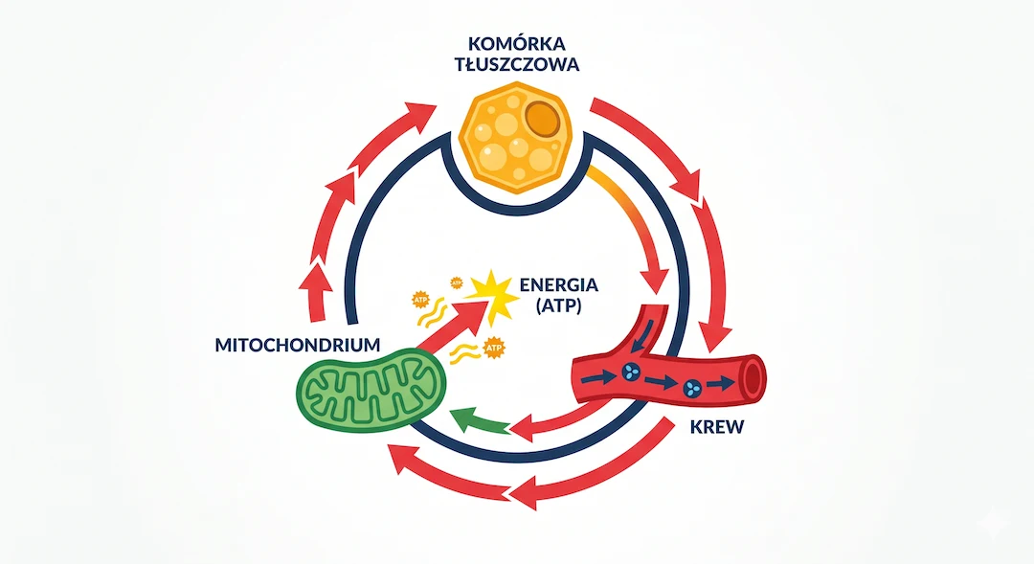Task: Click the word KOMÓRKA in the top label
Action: (517, 44)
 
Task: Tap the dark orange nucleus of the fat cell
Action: (544, 119)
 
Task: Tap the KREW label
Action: (716, 428)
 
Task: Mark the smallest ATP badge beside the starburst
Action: (457, 282)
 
